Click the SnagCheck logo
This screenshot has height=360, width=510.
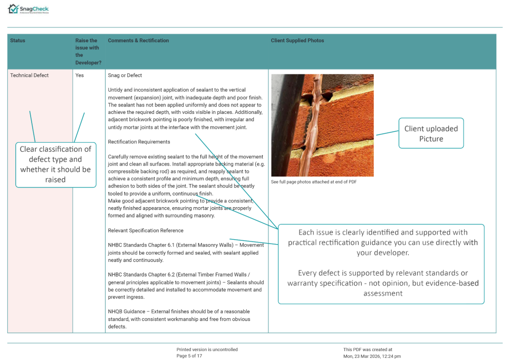click(28, 9)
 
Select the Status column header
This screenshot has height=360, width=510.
click(17, 41)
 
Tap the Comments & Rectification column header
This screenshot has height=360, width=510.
click(138, 41)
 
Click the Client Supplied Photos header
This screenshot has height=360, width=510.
click(297, 41)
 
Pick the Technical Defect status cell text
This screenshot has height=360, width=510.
click(30, 75)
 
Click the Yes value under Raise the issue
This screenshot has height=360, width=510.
click(80, 75)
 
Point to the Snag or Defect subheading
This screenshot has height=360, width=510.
click(125, 75)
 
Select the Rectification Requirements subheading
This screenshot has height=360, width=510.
click(139, 142)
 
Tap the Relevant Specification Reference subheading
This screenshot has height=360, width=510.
click(146, 230)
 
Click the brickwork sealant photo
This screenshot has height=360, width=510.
click(322, 125)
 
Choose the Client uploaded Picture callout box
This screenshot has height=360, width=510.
click(431, 133)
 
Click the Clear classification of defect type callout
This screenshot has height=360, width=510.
click(55, 164)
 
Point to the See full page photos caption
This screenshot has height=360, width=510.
click(313, 182)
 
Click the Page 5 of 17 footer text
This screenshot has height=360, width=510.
click(189, 356)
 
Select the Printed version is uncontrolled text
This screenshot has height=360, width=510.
click(207, 349)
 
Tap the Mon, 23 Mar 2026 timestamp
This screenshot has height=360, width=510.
click(372, 356)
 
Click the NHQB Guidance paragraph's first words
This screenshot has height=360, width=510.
click(126, 312)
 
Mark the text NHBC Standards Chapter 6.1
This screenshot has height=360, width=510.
click(139, 245)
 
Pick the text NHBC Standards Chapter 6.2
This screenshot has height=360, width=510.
click(139, 275)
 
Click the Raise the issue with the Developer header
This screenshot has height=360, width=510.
click(88, 52)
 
